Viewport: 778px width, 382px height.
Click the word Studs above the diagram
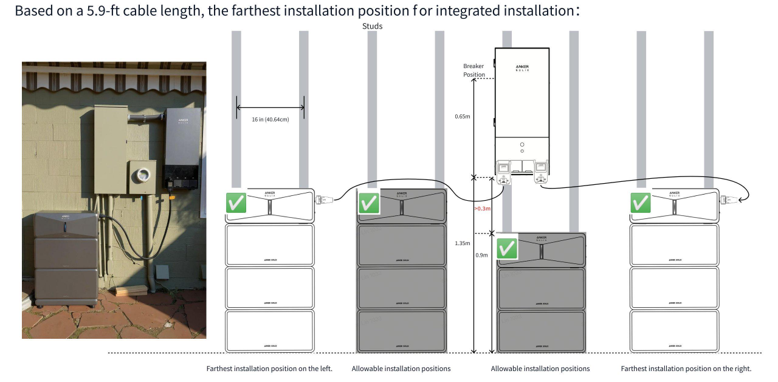[372, 26]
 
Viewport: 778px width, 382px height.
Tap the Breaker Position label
[474, 70]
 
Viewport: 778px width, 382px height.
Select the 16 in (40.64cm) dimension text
[270, 119]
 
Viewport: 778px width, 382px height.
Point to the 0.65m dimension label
[463, 116]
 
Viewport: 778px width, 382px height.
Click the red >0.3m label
[483, 209]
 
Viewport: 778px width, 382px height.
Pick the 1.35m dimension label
[463, 243]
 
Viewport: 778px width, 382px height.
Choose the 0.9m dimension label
[481, 255]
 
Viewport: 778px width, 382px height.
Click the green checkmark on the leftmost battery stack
[236, 203]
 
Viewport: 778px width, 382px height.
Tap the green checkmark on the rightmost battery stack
[641, 203]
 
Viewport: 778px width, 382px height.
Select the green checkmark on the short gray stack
[507, 248]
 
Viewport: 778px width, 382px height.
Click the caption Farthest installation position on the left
[269, 369]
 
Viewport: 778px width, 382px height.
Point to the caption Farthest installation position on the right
[686, 369]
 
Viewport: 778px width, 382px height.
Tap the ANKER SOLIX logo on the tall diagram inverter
[522, 67]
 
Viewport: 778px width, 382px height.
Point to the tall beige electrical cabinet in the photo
[111, 149]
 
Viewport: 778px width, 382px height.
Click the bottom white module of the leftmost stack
[270, 330]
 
